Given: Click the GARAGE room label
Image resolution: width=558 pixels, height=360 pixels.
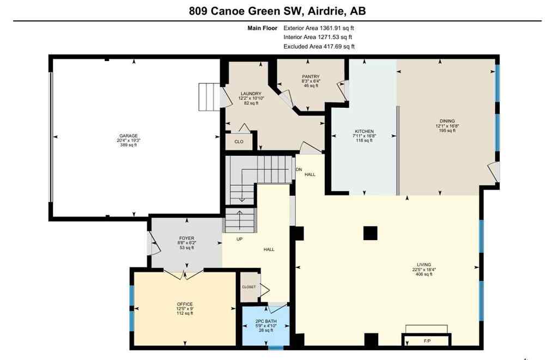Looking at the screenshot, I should [129, 136].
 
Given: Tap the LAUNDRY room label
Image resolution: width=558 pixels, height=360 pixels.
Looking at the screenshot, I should [251, 94].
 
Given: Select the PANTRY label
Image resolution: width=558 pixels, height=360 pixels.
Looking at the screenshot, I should [311, 77].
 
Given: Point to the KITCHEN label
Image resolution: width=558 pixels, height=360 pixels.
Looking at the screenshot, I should [364, 132].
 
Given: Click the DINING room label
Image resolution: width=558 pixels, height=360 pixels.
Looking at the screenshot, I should [447, 121].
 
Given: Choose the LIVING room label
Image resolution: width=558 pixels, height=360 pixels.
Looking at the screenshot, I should [422, 265].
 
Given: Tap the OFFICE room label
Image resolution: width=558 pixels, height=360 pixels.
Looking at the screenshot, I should [185, 304].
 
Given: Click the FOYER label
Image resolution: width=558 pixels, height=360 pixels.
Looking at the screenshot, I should [186, 239].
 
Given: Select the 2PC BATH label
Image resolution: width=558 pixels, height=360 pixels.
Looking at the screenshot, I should [266, 321].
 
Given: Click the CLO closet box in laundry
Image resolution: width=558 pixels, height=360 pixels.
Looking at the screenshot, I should [239, 142].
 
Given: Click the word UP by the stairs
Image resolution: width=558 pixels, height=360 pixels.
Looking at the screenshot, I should [239, 239].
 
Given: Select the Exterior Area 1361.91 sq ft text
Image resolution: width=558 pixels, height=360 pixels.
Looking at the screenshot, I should [315, 28].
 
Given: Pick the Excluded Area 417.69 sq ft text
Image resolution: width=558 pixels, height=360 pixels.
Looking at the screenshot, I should [315, 47].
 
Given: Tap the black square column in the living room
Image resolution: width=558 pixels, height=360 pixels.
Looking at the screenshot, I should [370, 233].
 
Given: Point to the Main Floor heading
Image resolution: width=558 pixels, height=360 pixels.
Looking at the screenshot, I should [262, 28].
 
